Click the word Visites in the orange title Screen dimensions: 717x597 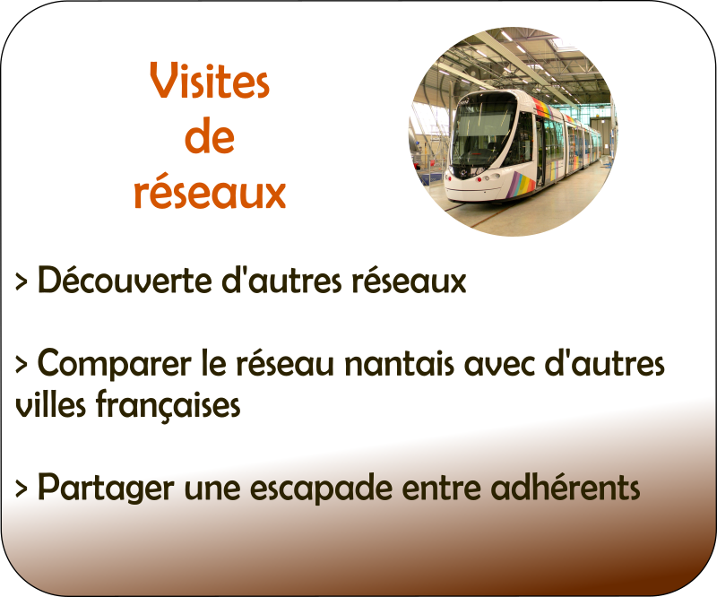210,81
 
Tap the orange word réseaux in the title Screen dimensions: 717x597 210,191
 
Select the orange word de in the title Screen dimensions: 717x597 210,135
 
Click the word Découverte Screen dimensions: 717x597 125,280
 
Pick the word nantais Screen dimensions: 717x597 399,363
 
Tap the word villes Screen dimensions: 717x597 50,404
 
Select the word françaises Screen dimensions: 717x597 168,405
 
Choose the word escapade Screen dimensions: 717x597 321,489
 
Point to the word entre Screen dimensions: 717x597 441,489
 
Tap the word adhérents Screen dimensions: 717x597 566,487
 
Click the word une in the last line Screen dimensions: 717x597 212,489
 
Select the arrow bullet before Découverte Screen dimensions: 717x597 21,281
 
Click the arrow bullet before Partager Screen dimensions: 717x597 21,489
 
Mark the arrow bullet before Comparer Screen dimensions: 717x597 21,365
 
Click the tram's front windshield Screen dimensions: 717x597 481,129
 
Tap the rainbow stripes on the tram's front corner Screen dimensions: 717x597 523,185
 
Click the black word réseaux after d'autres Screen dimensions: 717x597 409,281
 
